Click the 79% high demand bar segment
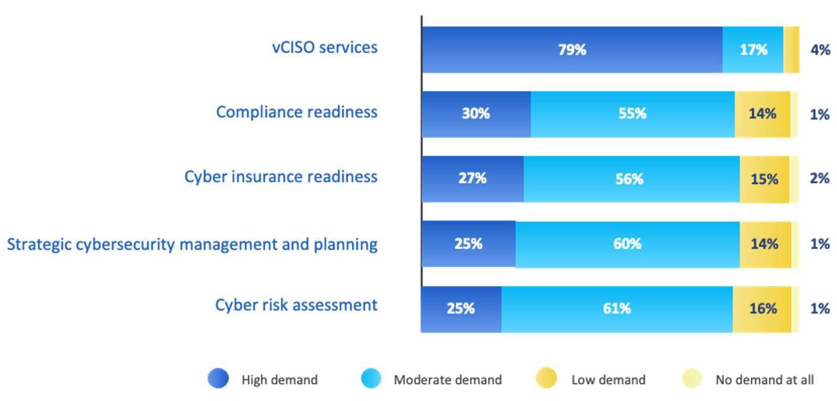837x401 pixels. (x=572, y=50)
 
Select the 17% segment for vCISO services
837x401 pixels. (x=753, y=50)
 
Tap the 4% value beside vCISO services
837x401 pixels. (x=820, y=50)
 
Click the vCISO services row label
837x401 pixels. (x=325, y=47)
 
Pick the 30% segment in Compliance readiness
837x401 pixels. (x=476, y=114)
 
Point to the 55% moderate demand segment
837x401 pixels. (x=632, y=114)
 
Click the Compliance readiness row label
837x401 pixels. (x=296, y=112)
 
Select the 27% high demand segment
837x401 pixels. (x=473, y=179)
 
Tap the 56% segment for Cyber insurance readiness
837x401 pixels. (x=631, y=179)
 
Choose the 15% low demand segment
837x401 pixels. (x=764, y=179)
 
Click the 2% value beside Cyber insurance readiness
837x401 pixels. (x=820, y=179)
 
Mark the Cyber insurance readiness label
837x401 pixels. (x=281, y=176)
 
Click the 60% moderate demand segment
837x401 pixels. (x=627, y=244)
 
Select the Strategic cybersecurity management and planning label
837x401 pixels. (x=192, y=244)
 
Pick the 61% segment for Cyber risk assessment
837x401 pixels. (x=616, y=309)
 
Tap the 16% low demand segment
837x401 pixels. (x=762, y=309)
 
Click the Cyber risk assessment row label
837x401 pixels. (x=296, y=305)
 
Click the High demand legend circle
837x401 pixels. (x=218, y=378)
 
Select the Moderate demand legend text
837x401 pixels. (x=448, y=380)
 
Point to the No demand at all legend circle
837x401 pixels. (x=692, y=378)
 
